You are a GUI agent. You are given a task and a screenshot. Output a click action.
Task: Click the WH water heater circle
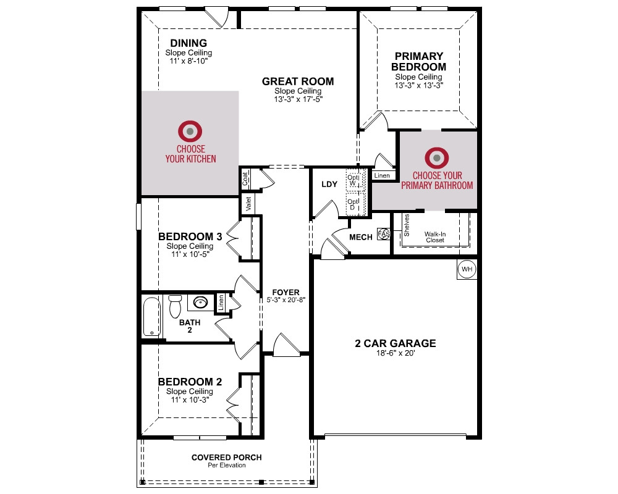click(x=467, y=269)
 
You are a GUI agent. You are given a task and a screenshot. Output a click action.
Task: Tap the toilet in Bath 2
click(x=175, y=306)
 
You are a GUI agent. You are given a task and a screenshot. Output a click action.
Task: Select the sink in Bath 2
click(x=200, y=303)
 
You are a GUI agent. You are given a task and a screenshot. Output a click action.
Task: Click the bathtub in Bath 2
click(x=152, y=317)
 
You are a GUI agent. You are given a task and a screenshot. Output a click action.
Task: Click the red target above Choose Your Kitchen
click(x=190, y=131)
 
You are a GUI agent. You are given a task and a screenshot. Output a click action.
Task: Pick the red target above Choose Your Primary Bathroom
click(x=437, y=158)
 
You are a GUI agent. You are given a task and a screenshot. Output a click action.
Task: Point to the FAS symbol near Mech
click(x=384, y=234)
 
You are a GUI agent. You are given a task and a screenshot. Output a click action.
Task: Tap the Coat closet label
click(x=245, y=179)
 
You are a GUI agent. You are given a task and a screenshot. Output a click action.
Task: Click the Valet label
click(x=248, y=204)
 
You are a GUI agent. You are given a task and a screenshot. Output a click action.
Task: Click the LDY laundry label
click(x=329, y=184)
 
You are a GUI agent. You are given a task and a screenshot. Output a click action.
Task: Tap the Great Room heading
click(x=298, y=81)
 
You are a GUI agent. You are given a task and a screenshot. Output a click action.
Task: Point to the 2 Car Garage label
click(x=396, y=343)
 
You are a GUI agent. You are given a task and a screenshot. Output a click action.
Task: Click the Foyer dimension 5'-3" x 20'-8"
click(x=286, y=299)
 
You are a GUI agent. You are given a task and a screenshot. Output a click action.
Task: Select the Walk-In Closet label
click(x=435, y=237)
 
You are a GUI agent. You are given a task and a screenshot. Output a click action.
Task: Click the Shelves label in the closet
click(x=407, y=225)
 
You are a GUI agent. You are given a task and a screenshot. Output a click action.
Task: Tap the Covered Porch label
click(x=227, y=458)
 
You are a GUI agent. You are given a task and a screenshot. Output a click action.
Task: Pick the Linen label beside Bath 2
click(x=221, y=303)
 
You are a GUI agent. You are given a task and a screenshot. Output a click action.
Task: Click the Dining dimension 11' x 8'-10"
click(x=188, y=61)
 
